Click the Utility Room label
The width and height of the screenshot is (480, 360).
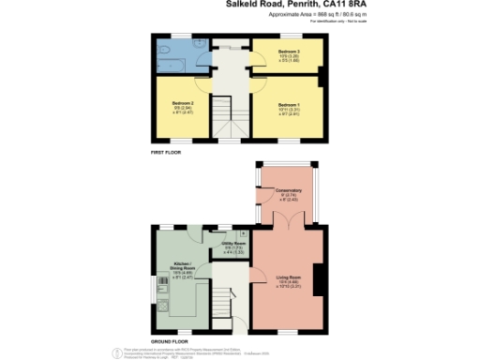[x=233, y=244]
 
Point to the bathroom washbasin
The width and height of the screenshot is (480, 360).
[x=200, y=44]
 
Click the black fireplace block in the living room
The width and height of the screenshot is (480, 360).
[x=319, y=279]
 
